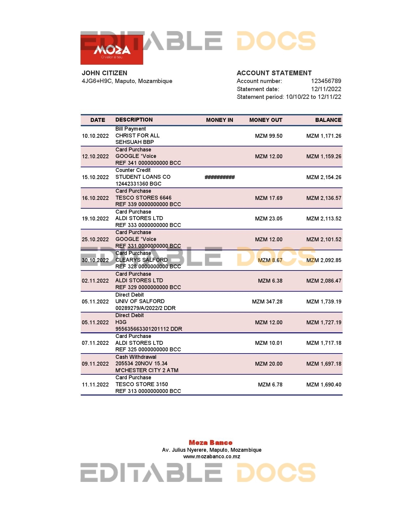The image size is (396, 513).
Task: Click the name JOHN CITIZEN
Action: (x=104, y=73)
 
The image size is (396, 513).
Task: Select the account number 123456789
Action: (x=326, y=81)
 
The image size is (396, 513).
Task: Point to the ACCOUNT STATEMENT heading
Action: (x=274, y=73)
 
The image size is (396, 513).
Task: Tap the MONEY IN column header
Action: (x=219, y=120)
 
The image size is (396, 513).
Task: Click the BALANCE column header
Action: (x=328, y=120)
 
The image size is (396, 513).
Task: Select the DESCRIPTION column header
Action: (x=134, y=120)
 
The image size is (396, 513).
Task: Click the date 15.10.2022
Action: (x=95, y=177)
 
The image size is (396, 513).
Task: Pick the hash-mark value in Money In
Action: (x=220, y=177)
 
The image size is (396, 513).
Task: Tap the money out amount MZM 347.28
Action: (x=267, y=302)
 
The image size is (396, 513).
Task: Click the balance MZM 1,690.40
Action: (x=324, y=385)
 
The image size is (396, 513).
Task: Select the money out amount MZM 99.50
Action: (x=269, y=136)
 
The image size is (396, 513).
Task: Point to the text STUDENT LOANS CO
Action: (x=143, y=177)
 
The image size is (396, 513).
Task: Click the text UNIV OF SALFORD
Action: (x=140, y=301)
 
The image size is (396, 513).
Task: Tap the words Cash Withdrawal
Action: (x=136, y=357)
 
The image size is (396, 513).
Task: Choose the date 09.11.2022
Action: (x=95, y=364)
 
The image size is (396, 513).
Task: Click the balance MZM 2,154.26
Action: (x=324, y=177)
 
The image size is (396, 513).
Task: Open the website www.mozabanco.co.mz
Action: (x=212, y=456)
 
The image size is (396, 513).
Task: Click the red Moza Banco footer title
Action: (x=211, y=443)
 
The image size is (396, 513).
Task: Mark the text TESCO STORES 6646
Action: (x=143, y=198)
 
